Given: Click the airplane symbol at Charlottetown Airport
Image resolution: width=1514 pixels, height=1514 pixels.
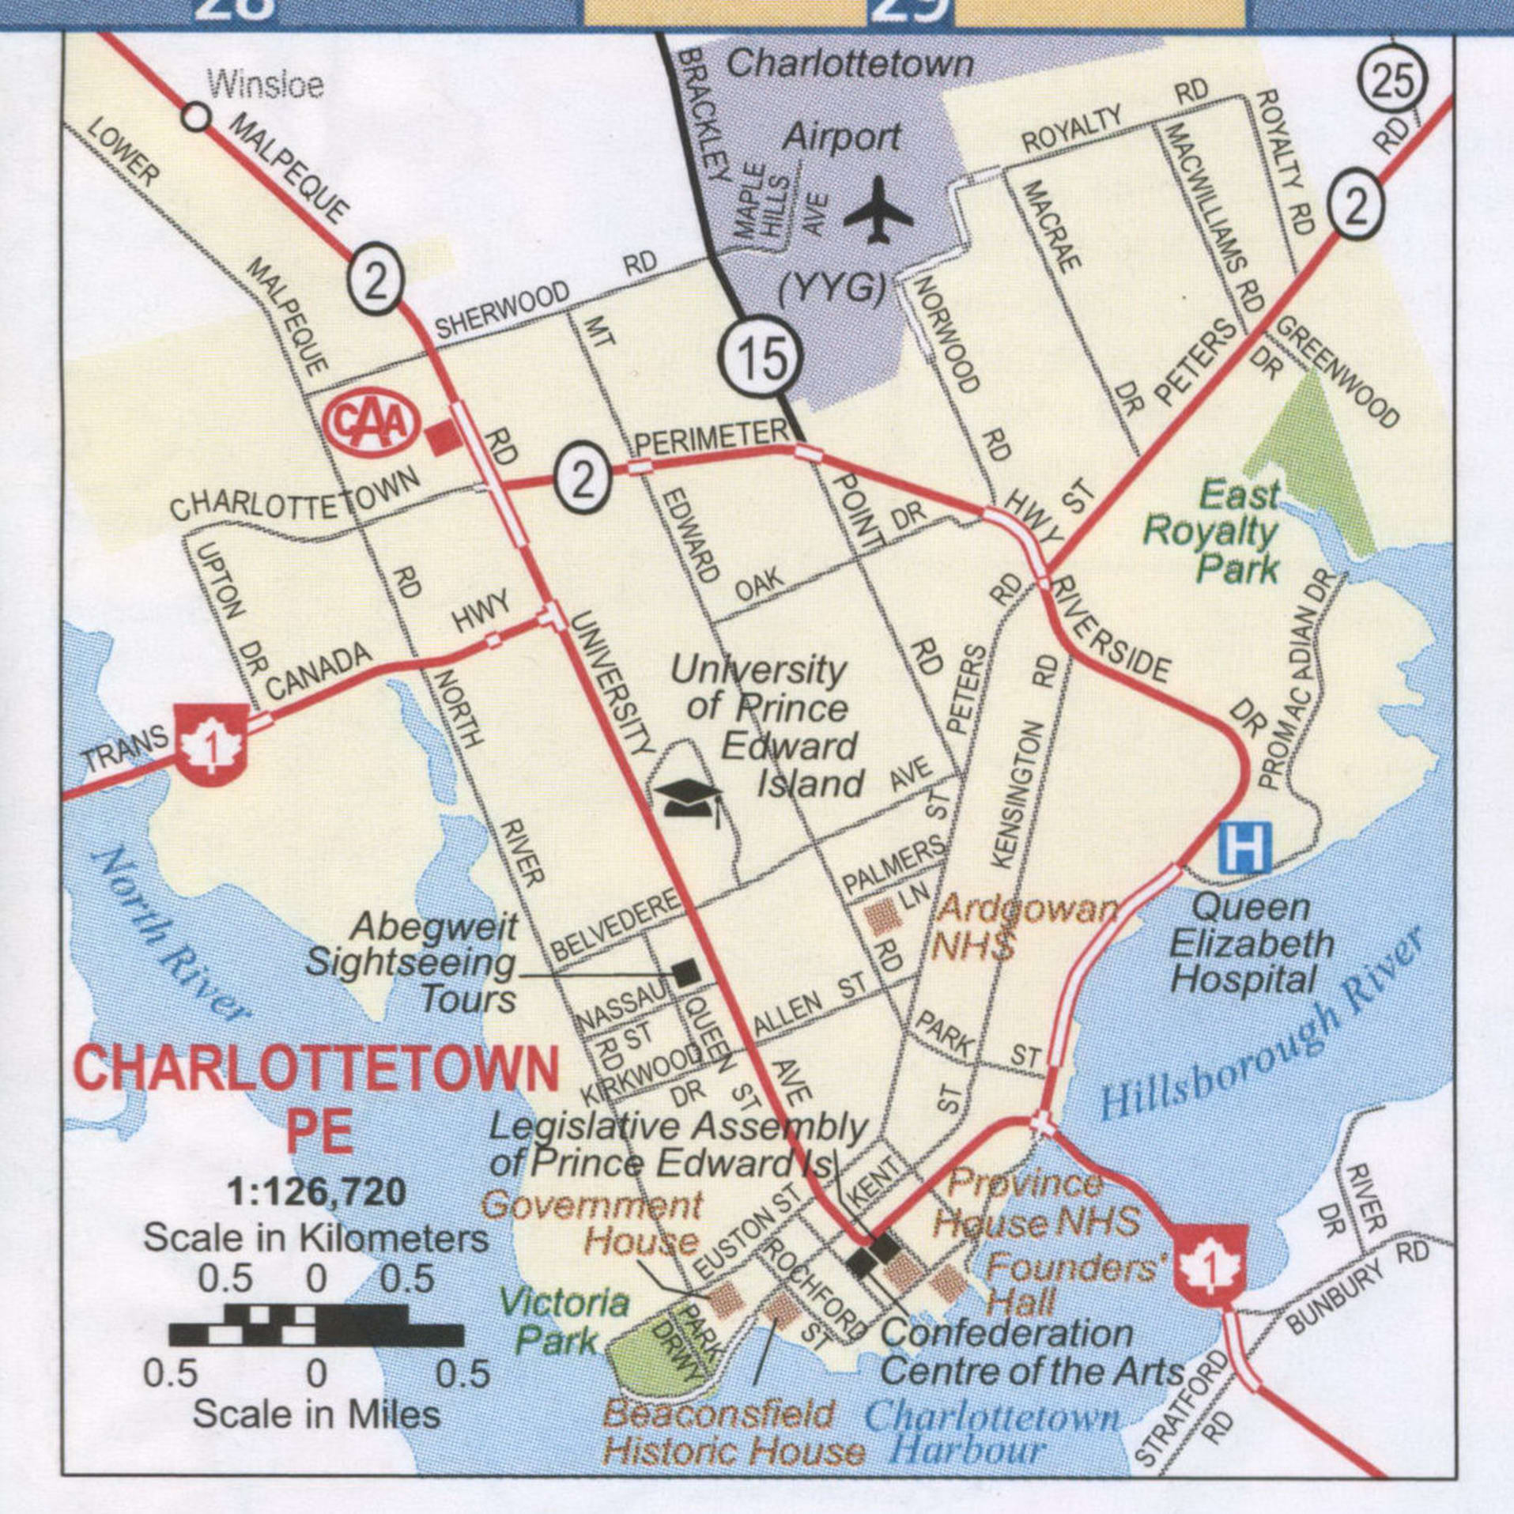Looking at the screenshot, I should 878,210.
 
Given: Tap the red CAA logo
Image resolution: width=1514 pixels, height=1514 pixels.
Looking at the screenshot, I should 370,425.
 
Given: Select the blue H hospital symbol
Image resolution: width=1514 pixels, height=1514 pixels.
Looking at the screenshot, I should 1244,848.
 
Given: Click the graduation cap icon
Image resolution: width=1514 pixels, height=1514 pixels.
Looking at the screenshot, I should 685,796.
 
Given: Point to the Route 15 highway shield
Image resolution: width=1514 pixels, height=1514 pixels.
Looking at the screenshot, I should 761,356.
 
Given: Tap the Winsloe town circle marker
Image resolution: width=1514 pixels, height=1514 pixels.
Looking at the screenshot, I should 196,118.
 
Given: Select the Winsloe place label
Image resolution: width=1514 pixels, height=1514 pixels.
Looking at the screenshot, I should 265,83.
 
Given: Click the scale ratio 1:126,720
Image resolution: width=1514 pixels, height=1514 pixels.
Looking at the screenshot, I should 316,1191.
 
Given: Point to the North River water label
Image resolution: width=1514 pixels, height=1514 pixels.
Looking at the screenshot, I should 170,937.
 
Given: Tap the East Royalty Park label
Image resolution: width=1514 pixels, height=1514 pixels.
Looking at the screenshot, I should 1212,532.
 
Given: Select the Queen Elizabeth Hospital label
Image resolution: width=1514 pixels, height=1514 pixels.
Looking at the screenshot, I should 1250,943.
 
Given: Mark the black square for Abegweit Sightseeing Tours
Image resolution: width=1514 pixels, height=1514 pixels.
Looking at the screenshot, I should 685,973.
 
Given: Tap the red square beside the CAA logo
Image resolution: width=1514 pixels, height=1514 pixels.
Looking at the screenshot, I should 442,437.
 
